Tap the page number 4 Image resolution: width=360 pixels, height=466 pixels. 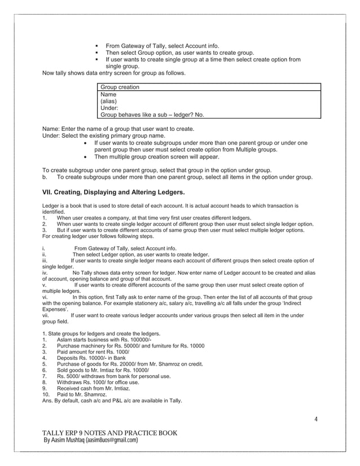pos(317,419)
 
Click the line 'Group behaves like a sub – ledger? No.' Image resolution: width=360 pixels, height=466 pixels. pos(152,115)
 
